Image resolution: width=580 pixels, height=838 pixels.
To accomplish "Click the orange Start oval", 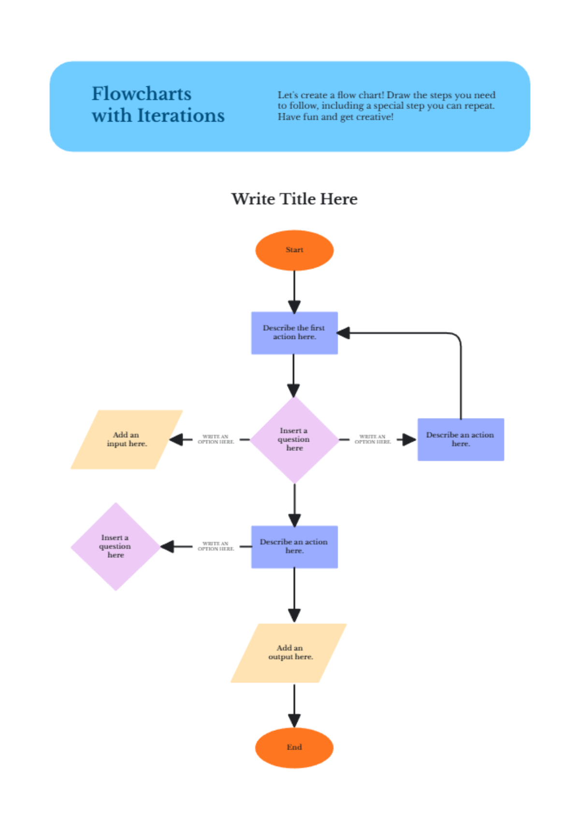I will coord(294,250).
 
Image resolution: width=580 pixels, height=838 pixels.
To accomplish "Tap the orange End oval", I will coord(294,747).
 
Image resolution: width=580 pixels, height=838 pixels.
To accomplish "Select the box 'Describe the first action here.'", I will coord(294,333).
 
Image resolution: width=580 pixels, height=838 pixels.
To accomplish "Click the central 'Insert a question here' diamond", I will coord(294,439).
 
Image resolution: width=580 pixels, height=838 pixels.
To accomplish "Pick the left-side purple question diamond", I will coord(116,546).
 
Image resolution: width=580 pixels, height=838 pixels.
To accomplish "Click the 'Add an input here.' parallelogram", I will coord(127,439).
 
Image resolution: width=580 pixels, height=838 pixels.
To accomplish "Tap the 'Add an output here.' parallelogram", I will coord(289,653).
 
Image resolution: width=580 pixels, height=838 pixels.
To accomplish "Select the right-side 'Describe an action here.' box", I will coord(461,439).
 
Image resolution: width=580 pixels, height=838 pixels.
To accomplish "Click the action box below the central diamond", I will coord(294,546).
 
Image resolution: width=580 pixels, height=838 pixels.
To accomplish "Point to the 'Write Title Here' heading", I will coord(294,199).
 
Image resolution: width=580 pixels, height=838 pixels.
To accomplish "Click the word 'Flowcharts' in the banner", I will coord(142,94).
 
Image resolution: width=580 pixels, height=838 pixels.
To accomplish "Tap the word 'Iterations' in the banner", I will coord(181,116).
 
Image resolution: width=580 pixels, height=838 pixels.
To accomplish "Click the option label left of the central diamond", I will coord(216,439).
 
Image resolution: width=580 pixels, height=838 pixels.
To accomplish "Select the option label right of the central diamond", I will coord(373,439).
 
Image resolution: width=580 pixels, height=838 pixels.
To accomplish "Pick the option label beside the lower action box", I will coord(216,546).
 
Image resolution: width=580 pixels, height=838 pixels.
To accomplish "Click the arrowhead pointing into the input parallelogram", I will coord(176,439).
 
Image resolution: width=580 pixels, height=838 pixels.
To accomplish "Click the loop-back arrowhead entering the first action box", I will coord(344,333).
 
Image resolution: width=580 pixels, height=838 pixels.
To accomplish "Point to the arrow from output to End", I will coord(294,705).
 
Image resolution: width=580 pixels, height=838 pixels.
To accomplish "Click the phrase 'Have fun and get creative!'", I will coord(335,117).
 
